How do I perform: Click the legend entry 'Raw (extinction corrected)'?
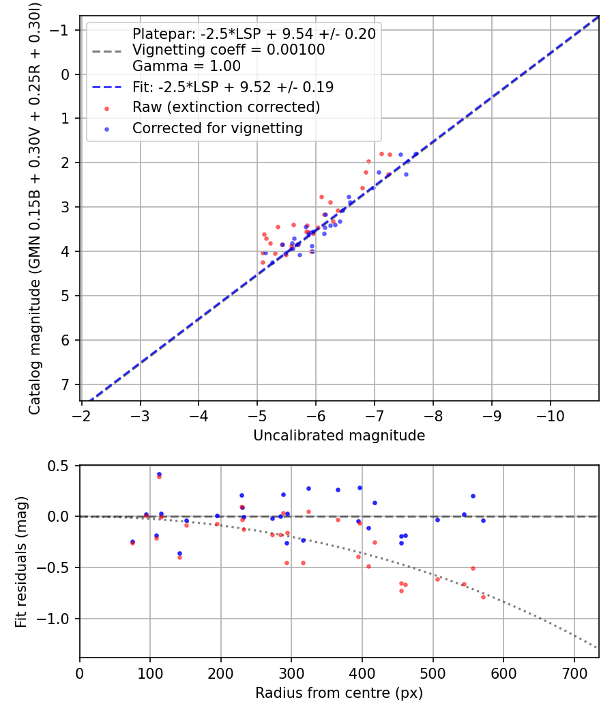pos(226,107)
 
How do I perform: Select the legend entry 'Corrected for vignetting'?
pos(217,128)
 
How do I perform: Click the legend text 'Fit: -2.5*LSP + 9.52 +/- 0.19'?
pos(233,87)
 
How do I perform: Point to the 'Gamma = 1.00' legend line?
pos(186,66)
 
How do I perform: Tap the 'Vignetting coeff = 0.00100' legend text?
pos(229,50)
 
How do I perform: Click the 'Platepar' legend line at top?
pos(254,33)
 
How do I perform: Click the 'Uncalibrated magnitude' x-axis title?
pos(339,436)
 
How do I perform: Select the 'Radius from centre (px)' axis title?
pos(339,693)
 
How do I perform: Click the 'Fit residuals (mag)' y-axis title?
pos(21,561)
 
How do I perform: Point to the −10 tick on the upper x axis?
pos(551,415)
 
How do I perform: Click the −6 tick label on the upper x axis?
pos(316,415)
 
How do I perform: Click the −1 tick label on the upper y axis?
pos(61,30)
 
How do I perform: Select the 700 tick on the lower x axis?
pos(574,673)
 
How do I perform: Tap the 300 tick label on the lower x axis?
pos(291,673)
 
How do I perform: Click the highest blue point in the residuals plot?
pos(159,474)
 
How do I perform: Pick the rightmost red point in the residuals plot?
pos(483,597)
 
